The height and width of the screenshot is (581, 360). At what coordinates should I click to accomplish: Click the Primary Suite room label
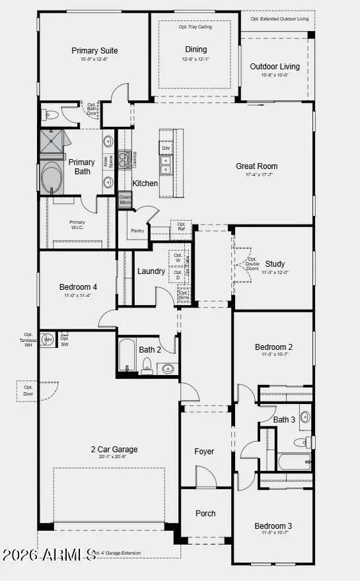94,50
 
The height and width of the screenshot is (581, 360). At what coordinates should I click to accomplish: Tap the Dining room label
196,50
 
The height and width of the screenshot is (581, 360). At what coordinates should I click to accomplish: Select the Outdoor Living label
274,66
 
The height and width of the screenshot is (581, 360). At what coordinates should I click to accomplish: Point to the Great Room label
257,166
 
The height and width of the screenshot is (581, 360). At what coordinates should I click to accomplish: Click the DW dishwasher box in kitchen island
166,149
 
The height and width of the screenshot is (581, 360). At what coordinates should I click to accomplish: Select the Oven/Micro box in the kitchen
126,200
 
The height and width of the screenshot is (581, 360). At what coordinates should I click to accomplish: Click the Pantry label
137,231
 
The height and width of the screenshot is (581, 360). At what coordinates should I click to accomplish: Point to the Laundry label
151,271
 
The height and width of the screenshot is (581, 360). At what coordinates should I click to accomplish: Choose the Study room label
274,264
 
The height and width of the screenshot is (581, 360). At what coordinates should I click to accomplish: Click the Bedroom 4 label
78,287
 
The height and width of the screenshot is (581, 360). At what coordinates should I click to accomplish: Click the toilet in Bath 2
147,365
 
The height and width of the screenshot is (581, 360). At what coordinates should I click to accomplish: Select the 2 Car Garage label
114,450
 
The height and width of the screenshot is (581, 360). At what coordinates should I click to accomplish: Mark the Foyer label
204,452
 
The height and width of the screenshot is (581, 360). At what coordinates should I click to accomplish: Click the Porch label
205,513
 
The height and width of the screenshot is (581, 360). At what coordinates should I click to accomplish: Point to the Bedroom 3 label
273,526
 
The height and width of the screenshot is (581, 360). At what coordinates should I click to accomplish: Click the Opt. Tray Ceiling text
195,27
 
